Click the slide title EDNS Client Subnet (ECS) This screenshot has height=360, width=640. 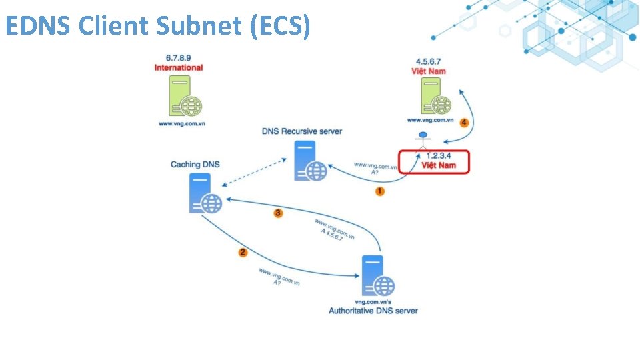pyautogui.click(x=157, y=26)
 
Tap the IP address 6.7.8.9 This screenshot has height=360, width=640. pyautogui.click(x=179, y=59)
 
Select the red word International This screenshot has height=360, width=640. pyautogui.click(x=179, y=68)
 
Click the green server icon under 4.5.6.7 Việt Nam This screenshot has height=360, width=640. pyautogui.click(x=434, y=96)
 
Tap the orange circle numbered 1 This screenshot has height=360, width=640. pyautogui.click(x=380, y=191)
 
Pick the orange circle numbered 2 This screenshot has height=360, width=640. pyautogui.click(x=243, y=252)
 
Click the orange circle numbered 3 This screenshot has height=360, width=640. pyautogui.click(x=279, y=213)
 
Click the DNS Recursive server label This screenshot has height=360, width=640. pyautogui.click(x=302, y=131)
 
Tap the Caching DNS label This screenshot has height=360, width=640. pyautogui.click(x=195, y=165)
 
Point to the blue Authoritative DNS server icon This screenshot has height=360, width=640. pyautogui.click(x=377, y=276)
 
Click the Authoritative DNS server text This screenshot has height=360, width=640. pyautogui.click(x=373, y=311)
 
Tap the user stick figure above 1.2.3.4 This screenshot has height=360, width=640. pyautogui.click(x=423, y=141)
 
